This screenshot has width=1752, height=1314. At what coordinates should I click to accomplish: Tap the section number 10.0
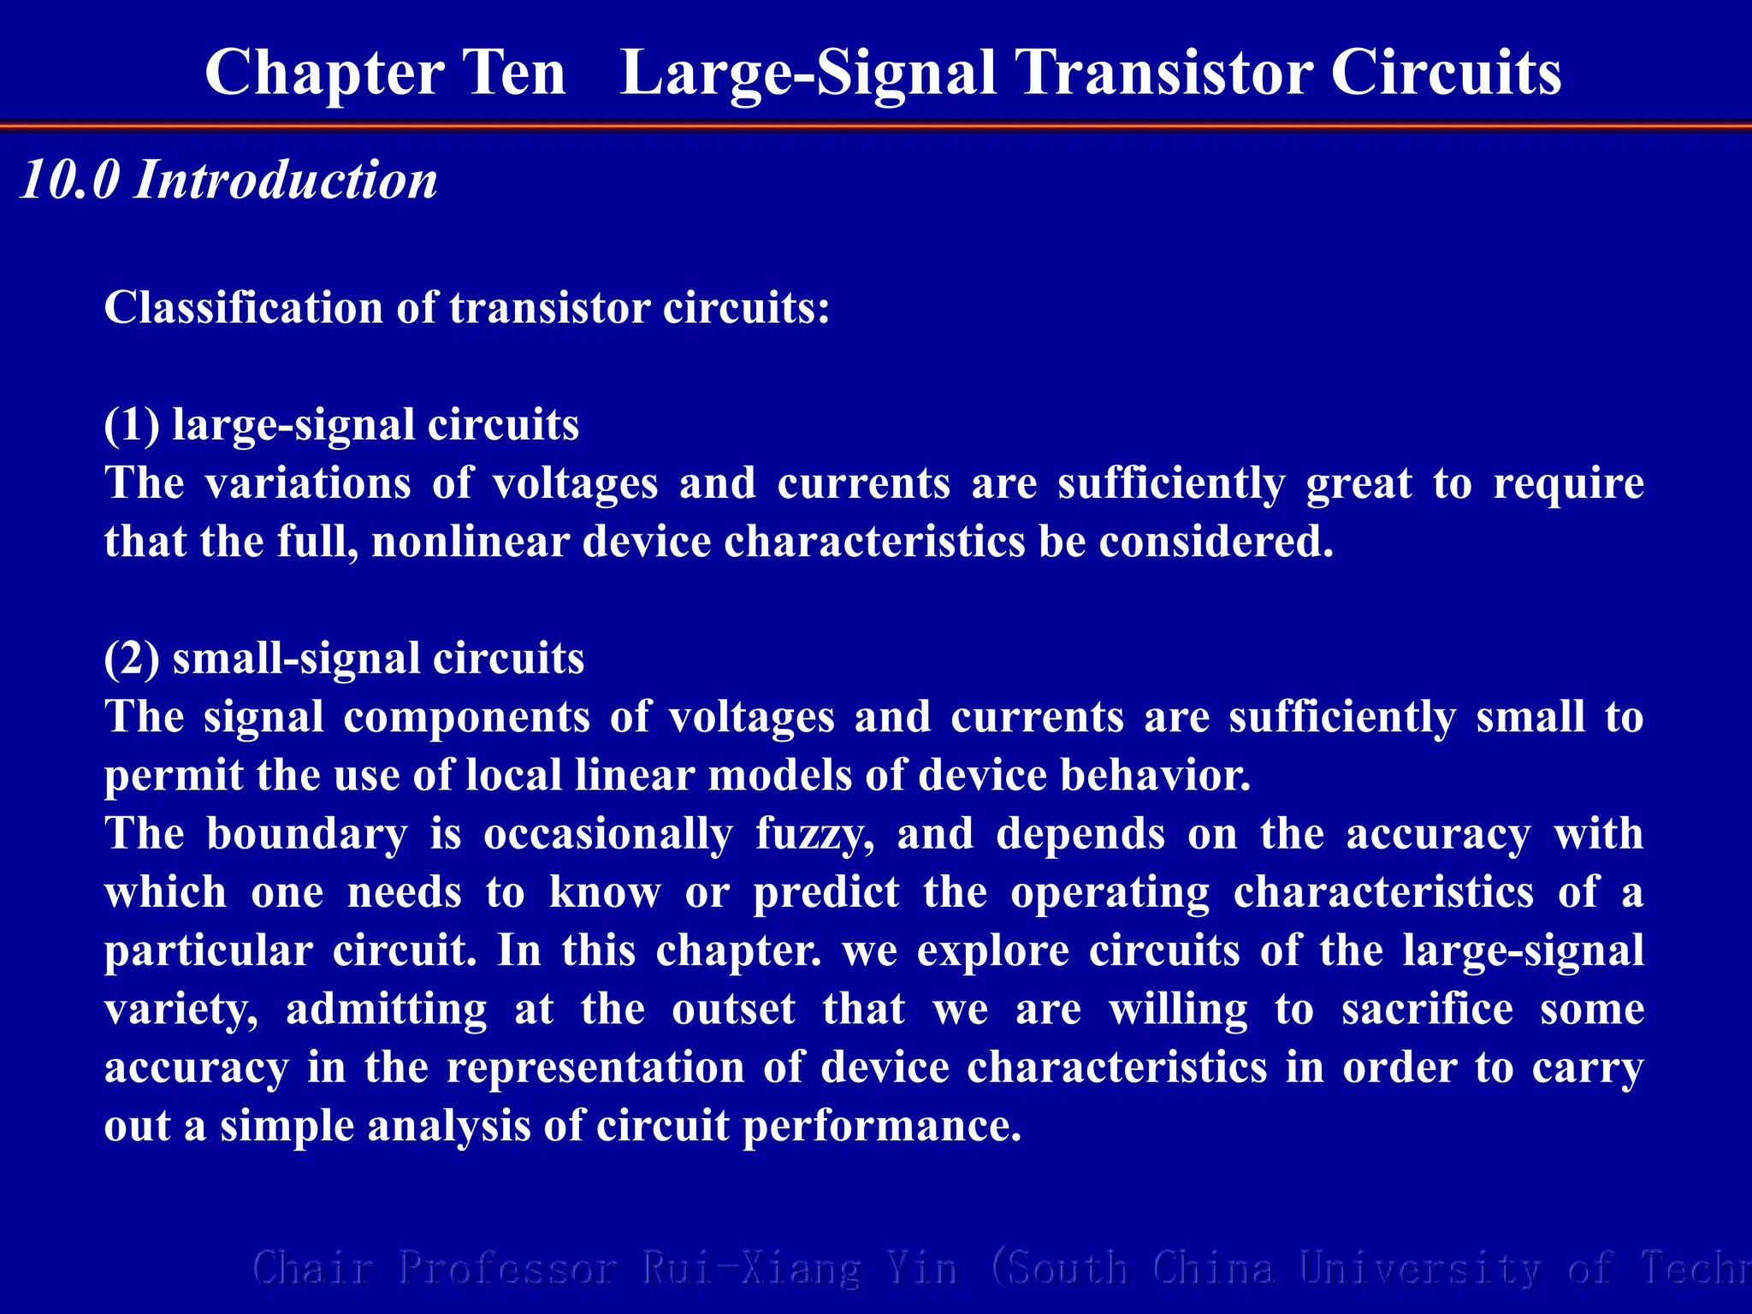(69, 181)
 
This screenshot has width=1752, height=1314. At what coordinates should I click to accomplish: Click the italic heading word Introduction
(286, 181)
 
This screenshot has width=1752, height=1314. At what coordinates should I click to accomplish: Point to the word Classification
(244, 308)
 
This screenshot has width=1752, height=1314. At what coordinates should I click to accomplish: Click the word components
(466, 717)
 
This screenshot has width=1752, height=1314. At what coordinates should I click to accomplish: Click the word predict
(826, 892)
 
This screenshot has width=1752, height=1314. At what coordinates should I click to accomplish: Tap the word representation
(595, 1068)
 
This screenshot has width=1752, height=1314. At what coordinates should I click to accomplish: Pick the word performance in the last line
(882, 1126)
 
